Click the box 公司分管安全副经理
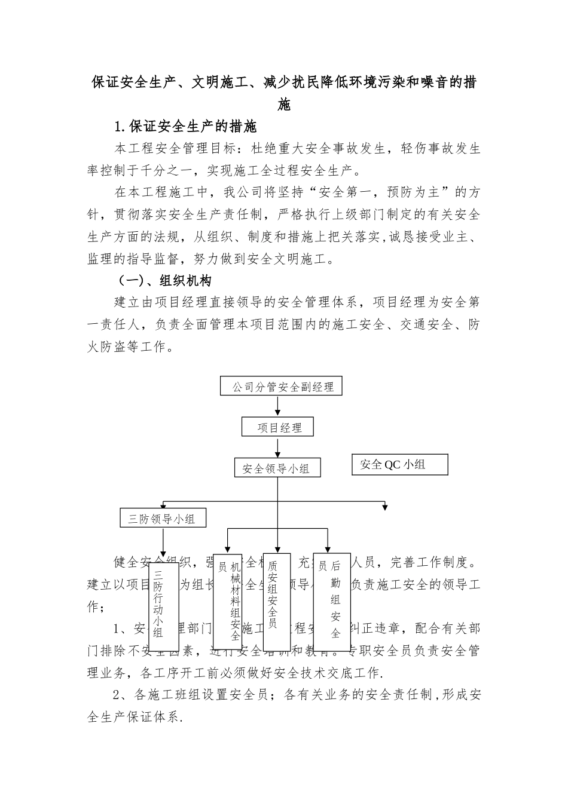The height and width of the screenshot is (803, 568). pyautogui.click(x=282, y=386)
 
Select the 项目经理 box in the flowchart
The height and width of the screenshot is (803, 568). pyautogui.click(x=277, y=427)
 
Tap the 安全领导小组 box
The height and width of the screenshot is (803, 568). pyautogui.click(x=277, y=468)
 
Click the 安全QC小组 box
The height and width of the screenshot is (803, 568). pyautogui.click(x=399, y=464)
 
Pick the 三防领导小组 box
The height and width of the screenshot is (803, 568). pyautogui.click(x=162, y=519)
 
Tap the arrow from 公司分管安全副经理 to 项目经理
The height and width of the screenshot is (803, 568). pyautogui.click(x=277, y=406)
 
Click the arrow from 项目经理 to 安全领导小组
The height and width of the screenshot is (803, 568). pyautogui.click(x=277, y=447)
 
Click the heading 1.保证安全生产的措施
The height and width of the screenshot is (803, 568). pyautogui.click(x=185, y=127)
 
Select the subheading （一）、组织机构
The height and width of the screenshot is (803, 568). pyautogui.click(x=164, y=280)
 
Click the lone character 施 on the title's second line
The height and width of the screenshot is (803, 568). pyautogui.click(x=284, y=105)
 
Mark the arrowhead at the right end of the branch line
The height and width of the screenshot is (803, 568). pyautogui.click(x=385, y=507)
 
